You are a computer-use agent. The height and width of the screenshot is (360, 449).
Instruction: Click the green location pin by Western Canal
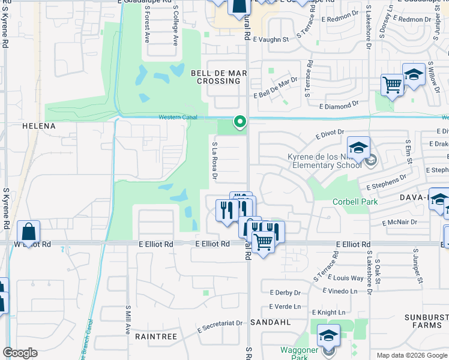[x=240, y=122]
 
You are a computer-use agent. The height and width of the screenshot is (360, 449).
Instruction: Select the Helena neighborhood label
[x=38, y=127]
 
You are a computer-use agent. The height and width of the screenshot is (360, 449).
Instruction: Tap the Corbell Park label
[x=355, y=202]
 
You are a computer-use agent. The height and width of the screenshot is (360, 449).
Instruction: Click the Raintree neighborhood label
[x=156, y=337]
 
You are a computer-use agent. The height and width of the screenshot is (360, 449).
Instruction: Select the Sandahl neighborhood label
[x=276, y=322]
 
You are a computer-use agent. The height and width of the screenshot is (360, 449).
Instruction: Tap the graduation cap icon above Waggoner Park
[x=328, y=335]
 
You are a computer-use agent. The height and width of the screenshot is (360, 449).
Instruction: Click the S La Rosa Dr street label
[x=214, y=161]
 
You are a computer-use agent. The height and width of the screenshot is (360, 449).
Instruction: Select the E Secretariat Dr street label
[x=220, y=326]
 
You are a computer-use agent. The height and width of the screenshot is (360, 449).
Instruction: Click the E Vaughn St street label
[x=271, y=40]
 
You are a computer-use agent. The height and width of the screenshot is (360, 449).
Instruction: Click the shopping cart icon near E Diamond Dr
[x=392, y=85]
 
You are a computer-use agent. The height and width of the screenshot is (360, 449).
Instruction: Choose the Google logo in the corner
[x=20, y=353]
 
